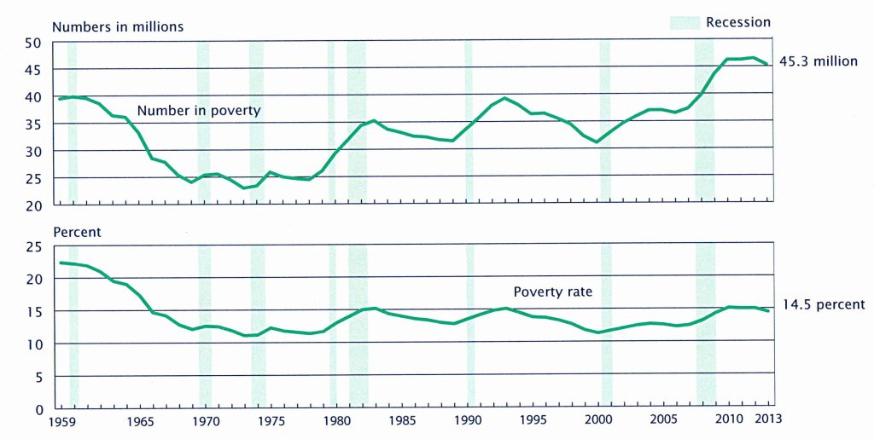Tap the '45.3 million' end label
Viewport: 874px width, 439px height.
pos(818,61)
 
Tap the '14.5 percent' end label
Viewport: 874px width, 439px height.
pos(824,304)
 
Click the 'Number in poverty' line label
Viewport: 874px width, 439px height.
pos(199,111)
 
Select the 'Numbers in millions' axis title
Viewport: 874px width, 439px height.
pos(118,26)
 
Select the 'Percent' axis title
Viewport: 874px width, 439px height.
pos(77,231)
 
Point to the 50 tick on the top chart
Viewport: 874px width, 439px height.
pos(33,43)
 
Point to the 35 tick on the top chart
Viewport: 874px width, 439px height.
pos(33,124)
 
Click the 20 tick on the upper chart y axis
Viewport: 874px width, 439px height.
pos(33,205)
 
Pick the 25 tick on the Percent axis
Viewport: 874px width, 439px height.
pos(33,247)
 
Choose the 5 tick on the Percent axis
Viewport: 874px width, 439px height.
pos(37,377)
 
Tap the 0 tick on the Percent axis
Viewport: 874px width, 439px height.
pos(37,409)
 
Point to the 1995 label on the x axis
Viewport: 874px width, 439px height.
pos(533,422)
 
